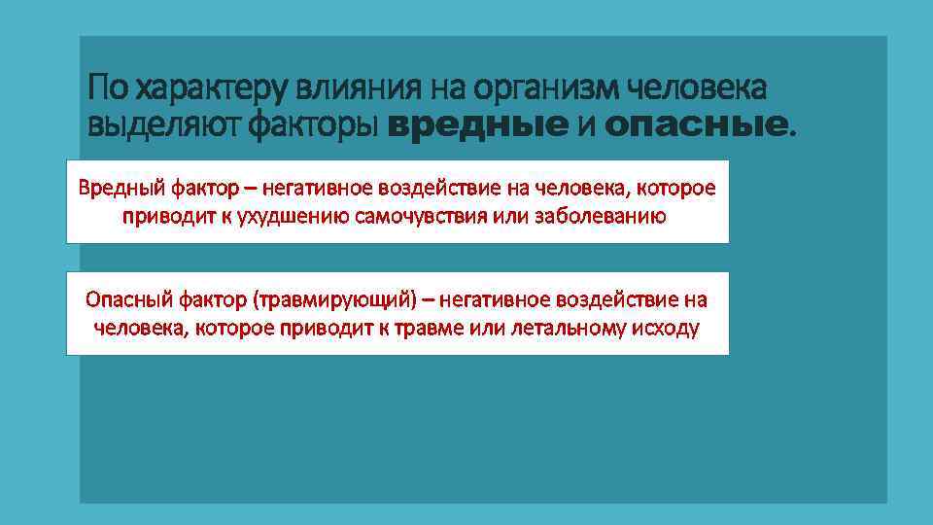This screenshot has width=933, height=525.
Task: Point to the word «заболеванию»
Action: (601, 216)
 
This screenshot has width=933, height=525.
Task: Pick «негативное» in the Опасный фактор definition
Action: (491, 299)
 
